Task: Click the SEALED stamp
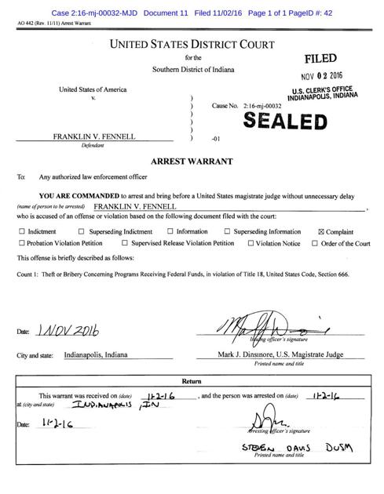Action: [x=284, y=121]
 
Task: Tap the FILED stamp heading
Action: [x=320, y=59]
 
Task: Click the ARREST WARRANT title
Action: [x=192, y=162]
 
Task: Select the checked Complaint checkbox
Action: [x=320, y=232]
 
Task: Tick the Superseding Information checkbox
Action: [x=227, y=232]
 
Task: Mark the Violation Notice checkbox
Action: [x=251, y=244]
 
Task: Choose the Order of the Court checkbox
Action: [x=315, y=244]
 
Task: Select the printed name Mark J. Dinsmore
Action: [x=253, y=354]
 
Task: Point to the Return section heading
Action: [x=192, y=381]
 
